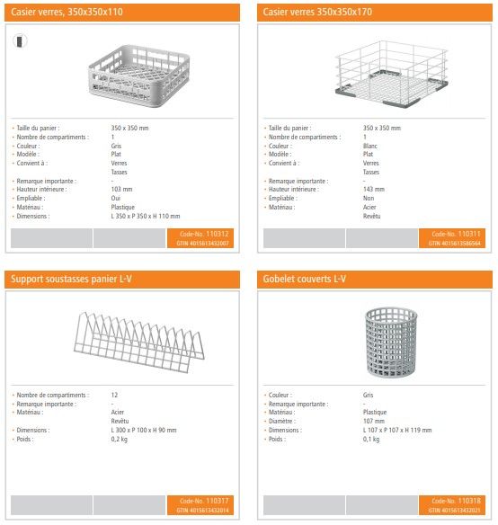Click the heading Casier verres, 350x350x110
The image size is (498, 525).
pyautogui.click(x=67, y=13)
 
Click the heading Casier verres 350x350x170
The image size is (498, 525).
pyautogui.click(x=317, y=13)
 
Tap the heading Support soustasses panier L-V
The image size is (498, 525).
pyautogui.click(x=72, y=280)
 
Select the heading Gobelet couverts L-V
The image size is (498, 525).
pyautogui.click(x=306, y=280)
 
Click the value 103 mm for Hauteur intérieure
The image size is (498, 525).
pyautogui.click(x=121, y=190)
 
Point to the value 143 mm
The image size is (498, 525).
pyautogui.click(x=373, y=190)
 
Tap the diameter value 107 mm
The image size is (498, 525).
pyautogui.click(x=373, y=421)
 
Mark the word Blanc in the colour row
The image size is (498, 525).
pyautogui.click(x=370, y=146)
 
